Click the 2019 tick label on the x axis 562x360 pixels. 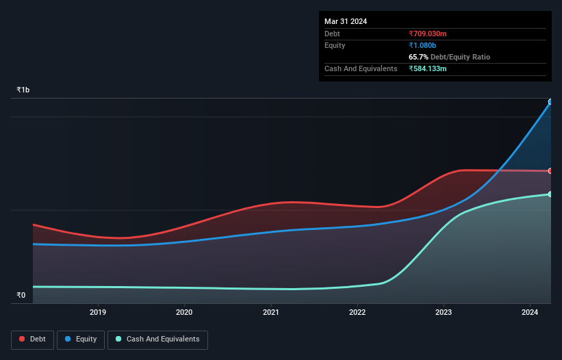[98, 313]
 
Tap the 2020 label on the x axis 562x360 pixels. [185, 313]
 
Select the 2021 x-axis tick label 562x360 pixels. [271, 313]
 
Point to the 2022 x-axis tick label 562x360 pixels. [357, 313]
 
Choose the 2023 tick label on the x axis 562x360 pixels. [444, 313]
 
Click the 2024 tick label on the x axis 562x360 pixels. [530, 313]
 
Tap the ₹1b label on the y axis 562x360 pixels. [23, 90]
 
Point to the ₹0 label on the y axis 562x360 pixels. [21, 296]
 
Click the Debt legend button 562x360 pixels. [32, 339]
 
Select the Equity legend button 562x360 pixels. [81, 339]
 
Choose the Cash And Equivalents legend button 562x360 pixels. [157, 339]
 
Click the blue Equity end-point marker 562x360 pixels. [550, 102]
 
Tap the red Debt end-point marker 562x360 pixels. [550, 171]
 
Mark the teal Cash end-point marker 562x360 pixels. [550, 194]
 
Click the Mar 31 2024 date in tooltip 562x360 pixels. [346, 21]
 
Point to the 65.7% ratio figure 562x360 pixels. [418, 57]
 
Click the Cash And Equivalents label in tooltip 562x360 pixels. [361, 68]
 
